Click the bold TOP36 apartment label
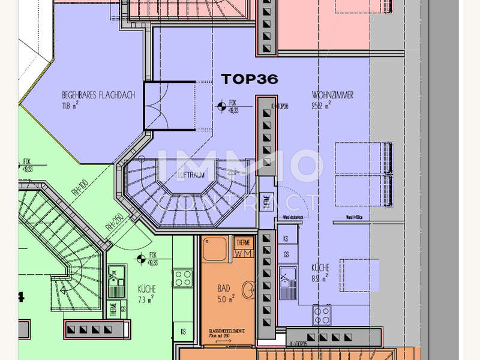click(x=250, y=79)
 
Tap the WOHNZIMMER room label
click(x=332, y=95)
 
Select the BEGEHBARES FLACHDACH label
click(x=98, y=95)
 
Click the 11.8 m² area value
click(x=71, y=107)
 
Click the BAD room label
click(x=224, y=288)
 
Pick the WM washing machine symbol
click(x=244, y=254)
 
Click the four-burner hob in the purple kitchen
click(x=321, y=314)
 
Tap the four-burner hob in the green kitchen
click(x=182, y=277)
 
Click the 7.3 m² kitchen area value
click(x=146, y=298)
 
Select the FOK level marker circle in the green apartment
click(x=140, y=259)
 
